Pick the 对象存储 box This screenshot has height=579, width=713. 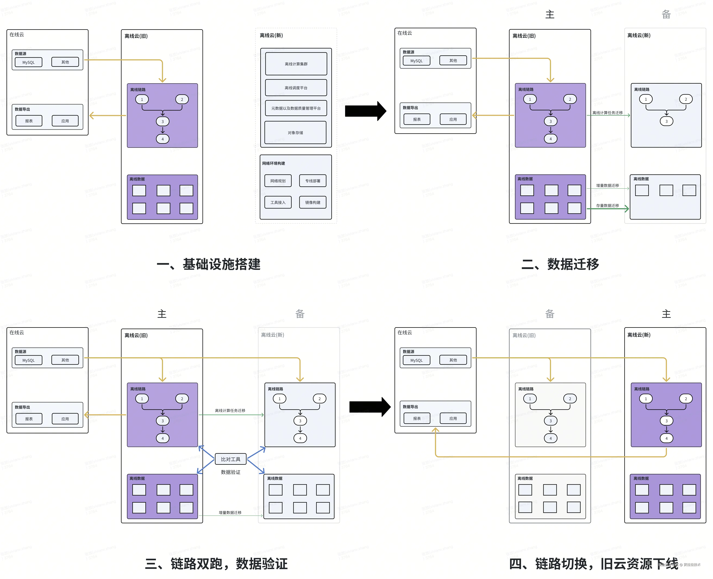pyautogui.click(x=295, y=132)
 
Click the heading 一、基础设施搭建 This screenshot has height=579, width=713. pyautogui.click(x=209, y=264)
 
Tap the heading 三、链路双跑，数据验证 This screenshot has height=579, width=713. pyautogui.click(x=216, y=564)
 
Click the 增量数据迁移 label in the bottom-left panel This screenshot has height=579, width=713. pyautogui.click(x=230, y=512)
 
